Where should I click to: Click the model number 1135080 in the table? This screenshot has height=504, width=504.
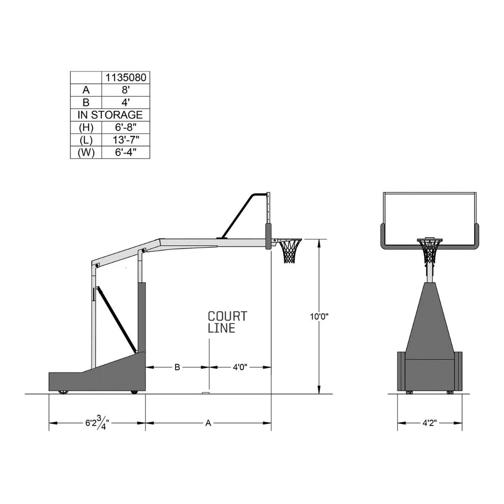coord(126,77)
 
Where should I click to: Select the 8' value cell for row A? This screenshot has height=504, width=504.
coord(126,90)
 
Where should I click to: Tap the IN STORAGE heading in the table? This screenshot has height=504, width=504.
coord(110,115)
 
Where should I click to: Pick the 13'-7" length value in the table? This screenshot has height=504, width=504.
coord(126,140)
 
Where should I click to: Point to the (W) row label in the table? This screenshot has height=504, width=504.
coord(86,152)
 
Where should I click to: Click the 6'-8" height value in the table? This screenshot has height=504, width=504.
coord(126,127)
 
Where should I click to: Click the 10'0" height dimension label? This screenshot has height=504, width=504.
coord(319,316)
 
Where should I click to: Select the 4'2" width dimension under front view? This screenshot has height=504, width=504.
coord(429,423)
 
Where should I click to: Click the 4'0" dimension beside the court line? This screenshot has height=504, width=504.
coord(240,367)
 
